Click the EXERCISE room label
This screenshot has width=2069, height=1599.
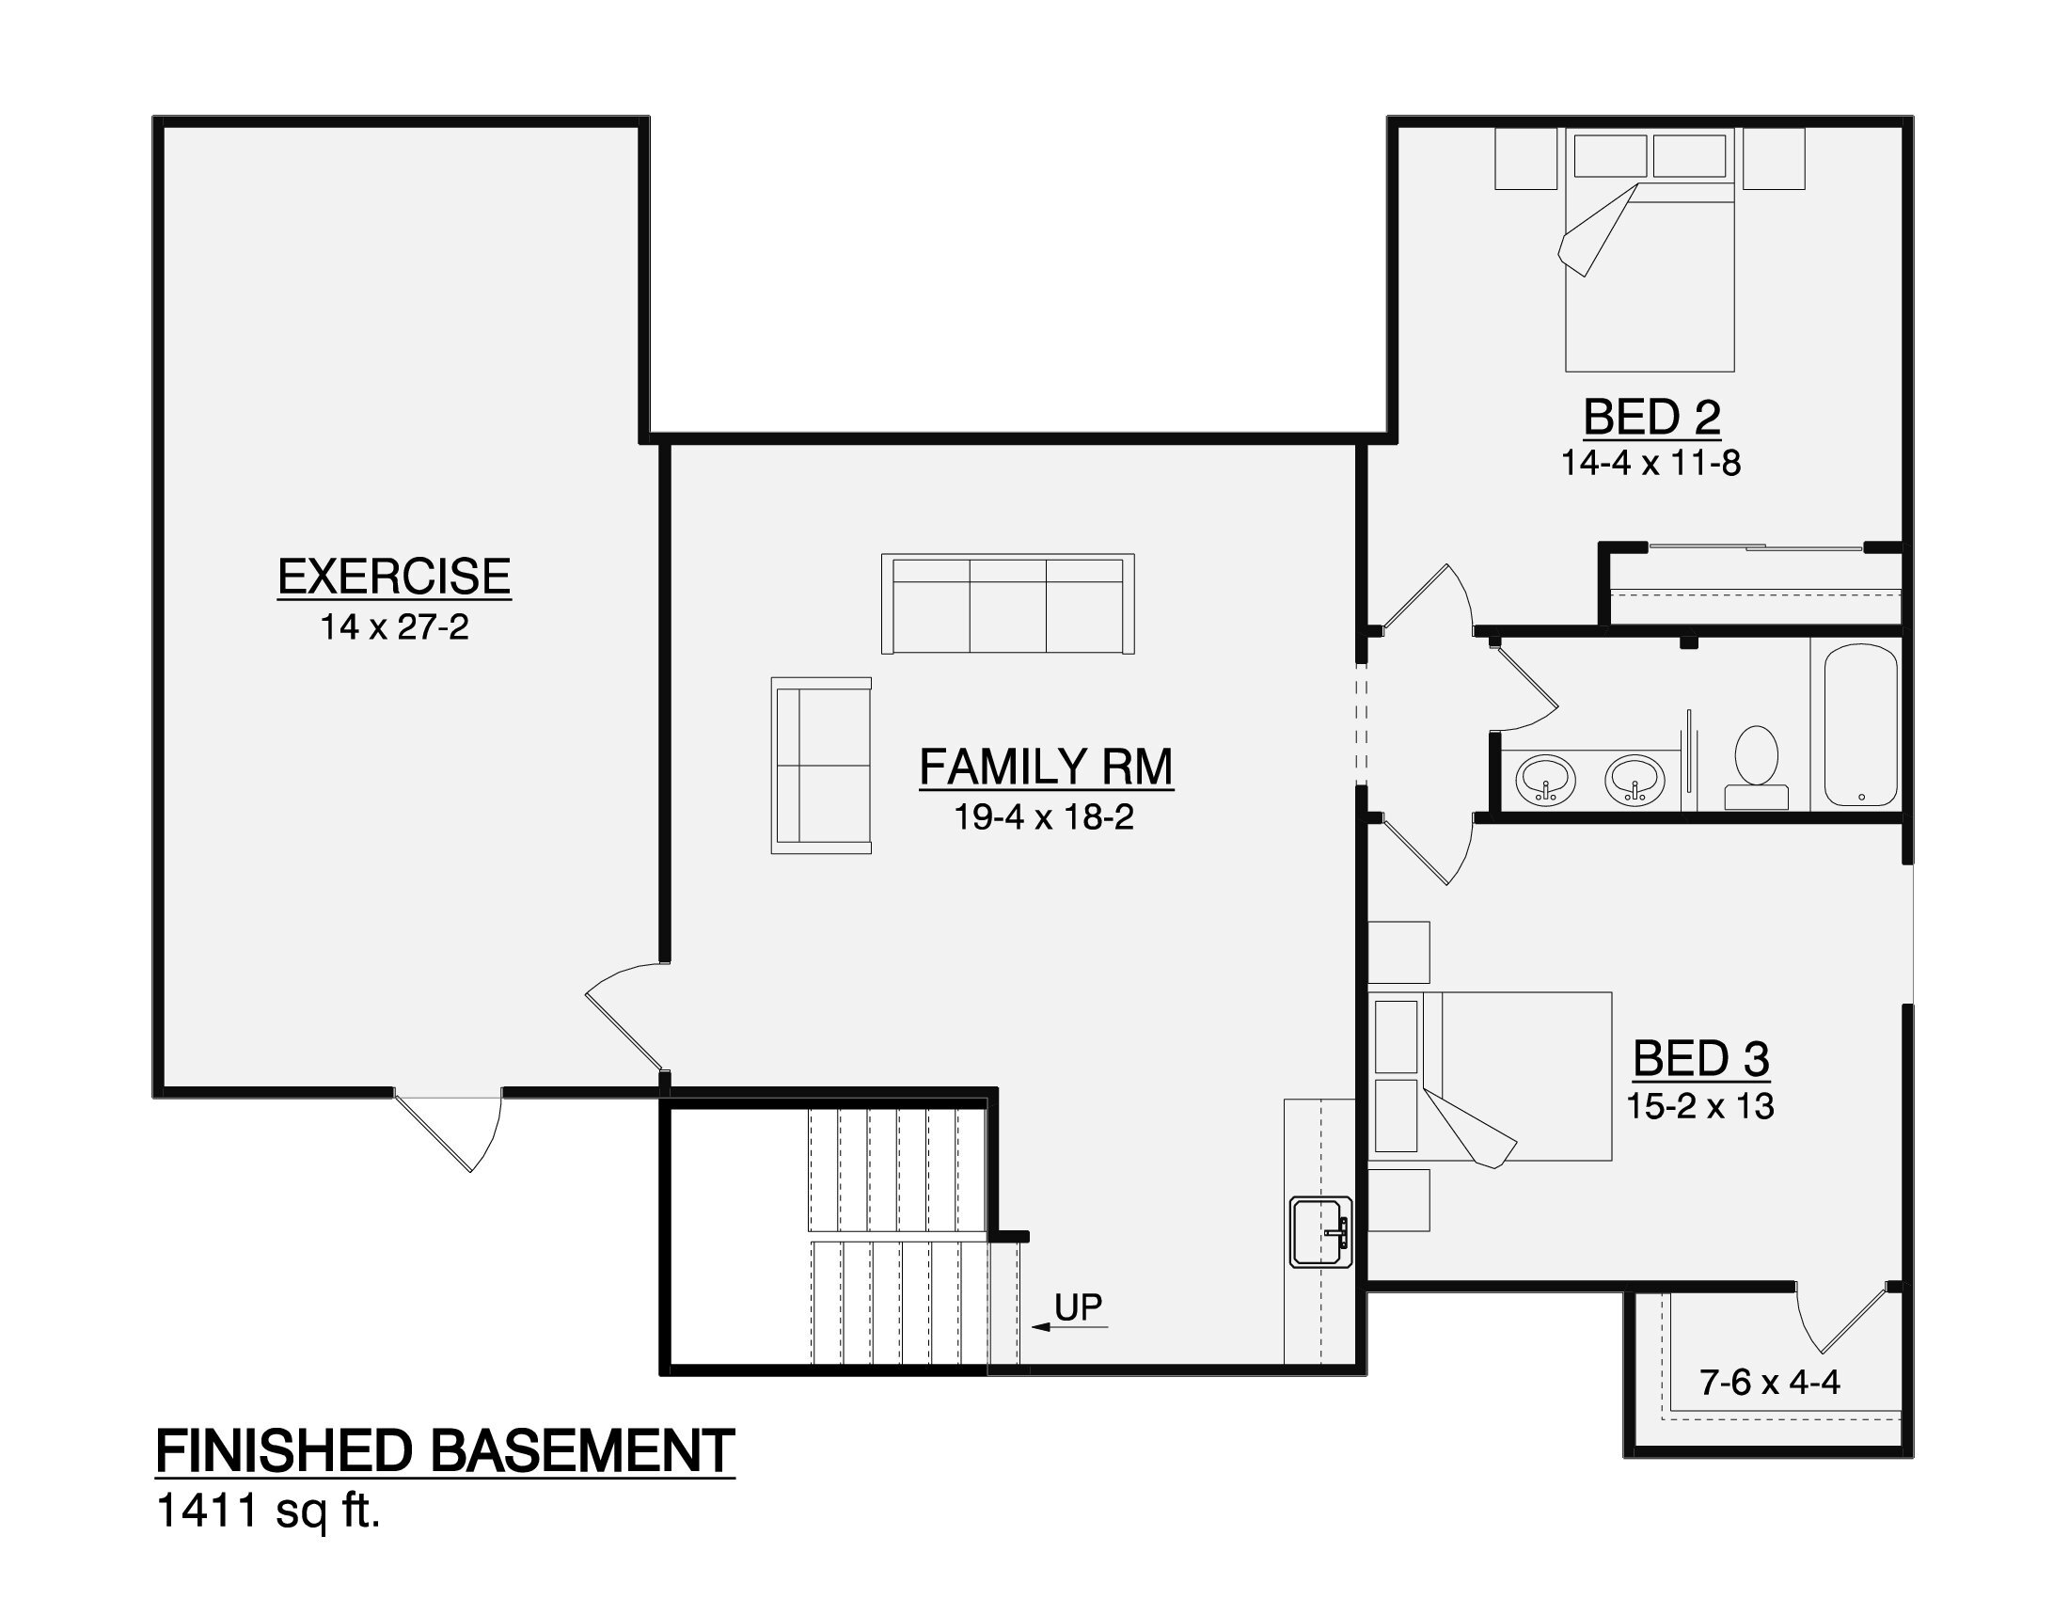coord(394,577)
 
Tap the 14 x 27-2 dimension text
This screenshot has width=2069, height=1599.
coord(394,627)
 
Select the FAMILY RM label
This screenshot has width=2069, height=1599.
coord(1046,767)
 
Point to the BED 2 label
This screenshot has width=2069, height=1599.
coord(1651,417)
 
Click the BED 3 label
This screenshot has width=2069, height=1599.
coord(1701,1058)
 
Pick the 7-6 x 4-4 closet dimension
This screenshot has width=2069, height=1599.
coord(1770,1383)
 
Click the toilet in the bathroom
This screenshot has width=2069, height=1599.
coord(1756,768)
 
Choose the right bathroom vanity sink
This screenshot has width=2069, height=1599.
coord(1635,780)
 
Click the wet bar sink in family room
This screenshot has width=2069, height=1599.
coord(1321,1230)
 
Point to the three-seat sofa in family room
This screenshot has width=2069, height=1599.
coord(1008,605)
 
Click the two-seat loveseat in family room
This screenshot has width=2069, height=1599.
coord(821,766)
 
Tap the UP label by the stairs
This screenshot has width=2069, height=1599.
coord(1078,1307)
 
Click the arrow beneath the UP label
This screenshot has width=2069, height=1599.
coord(1069,1327)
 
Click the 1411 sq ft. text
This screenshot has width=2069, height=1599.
coord(268,1512)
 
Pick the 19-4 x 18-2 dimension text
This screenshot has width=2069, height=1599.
coord(1044,817)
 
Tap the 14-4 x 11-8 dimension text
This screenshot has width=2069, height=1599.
coord(1651,463)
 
